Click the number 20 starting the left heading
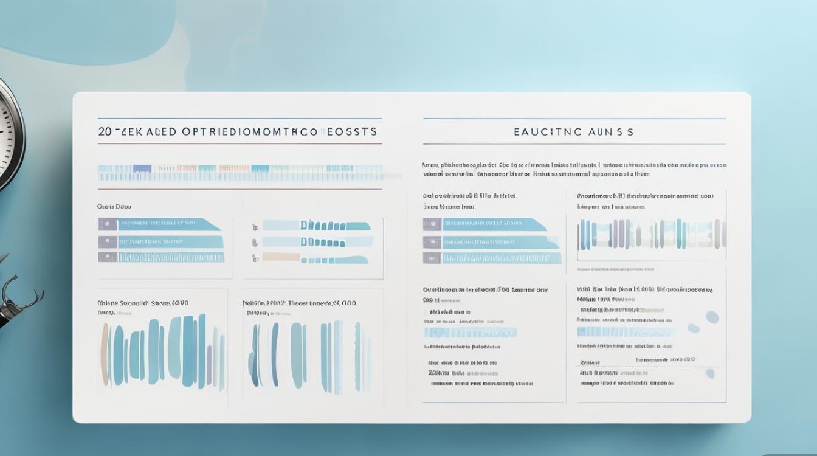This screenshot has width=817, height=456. click(104, 131)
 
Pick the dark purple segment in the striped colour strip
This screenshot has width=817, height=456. click(142, 168)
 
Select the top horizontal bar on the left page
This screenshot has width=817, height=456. click(160, 224)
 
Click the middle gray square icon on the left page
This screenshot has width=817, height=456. click(108, 241)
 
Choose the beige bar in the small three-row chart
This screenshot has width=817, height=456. click(281, 257)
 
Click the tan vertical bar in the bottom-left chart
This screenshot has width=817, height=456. click(105, 354)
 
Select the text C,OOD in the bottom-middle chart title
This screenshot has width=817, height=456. click(343, 302)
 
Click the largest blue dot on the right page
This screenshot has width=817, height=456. click(712, 317)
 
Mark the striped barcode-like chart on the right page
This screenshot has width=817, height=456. click(652, 235)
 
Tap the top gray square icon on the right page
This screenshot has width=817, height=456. click(432, 224)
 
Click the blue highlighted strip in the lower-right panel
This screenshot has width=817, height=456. click(626, 332)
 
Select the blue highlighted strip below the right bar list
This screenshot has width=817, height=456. click(470, 333)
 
